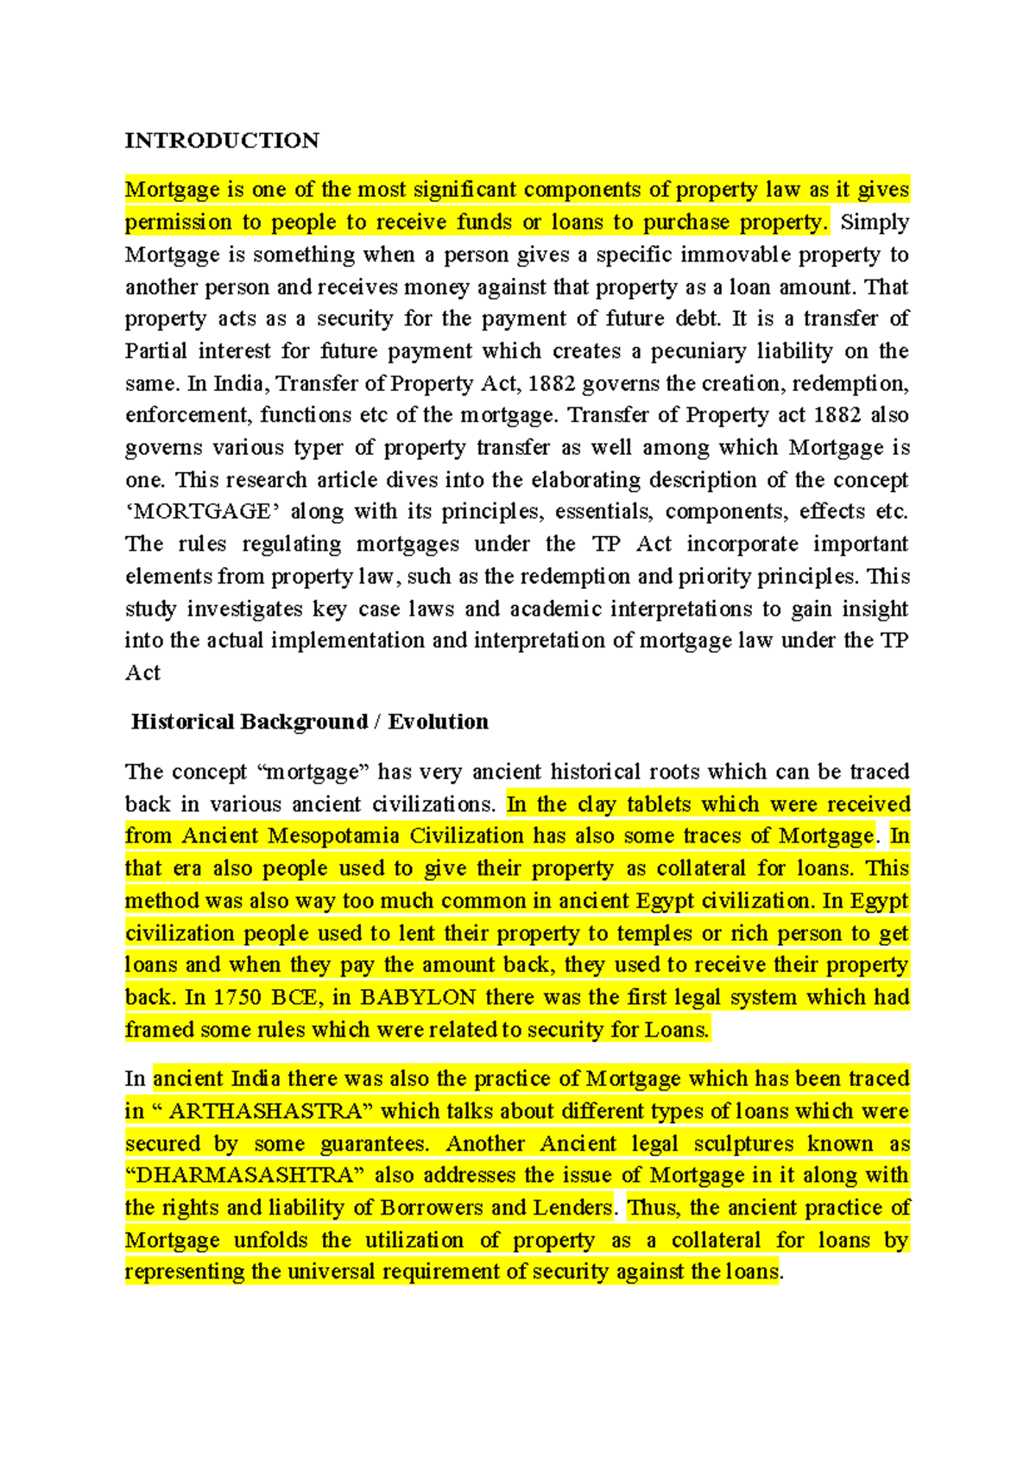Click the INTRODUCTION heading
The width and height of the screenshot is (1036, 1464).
click(x=222, y=141)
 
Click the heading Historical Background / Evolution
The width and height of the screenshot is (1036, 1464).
click(x=309, y=722)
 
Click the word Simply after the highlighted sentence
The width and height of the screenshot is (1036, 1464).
click(x=874, y=222)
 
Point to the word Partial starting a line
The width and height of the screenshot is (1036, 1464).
click(x=155, y=350)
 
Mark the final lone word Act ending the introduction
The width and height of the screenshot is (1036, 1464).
click(x=142, y=673)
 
